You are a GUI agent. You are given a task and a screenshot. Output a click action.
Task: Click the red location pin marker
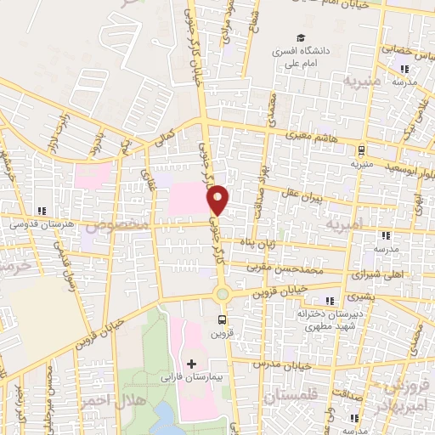[218, 200]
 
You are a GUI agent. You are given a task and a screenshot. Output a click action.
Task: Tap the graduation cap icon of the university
[299, 37]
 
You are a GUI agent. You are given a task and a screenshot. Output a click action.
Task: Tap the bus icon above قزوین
[222, 320]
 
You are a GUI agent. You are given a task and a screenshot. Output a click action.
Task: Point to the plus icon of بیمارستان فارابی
[190, 364]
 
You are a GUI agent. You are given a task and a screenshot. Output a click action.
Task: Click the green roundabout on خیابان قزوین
[222, 294]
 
